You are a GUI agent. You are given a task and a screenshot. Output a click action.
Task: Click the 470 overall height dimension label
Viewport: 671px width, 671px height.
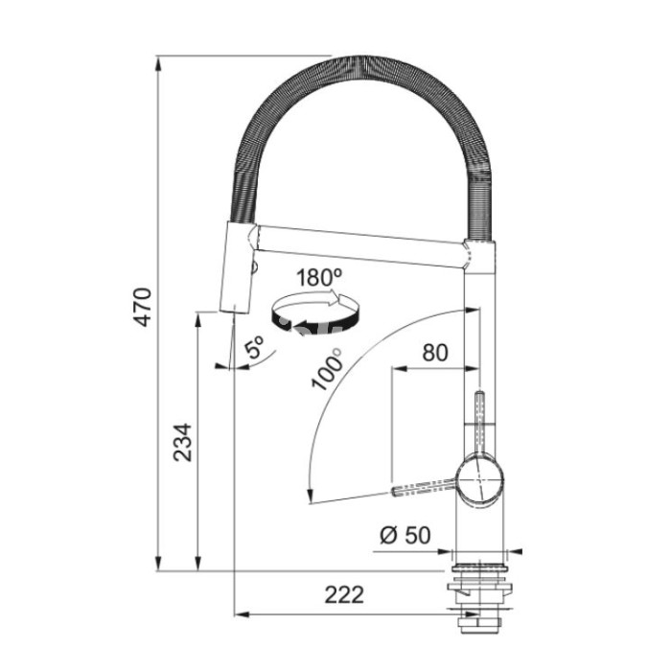(x=144, y=308)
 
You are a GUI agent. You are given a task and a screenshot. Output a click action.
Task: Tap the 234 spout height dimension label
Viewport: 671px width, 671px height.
(x=183, y=443)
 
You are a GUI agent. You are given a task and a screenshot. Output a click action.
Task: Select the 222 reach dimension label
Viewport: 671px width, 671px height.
(x=344, y=594)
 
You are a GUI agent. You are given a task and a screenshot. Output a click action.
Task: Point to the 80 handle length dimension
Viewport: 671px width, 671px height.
(x=435, y=353)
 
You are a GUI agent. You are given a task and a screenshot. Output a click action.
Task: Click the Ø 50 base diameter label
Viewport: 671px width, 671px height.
(x=405, y=535)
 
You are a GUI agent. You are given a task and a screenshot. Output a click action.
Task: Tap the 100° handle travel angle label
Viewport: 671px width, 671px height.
(x=328, y=369)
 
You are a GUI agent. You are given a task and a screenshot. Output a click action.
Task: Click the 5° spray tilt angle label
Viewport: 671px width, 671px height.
(x=254, y=347)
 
